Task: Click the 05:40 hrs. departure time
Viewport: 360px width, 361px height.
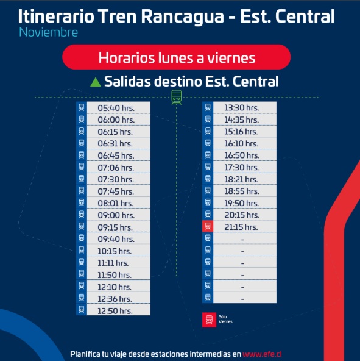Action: pos(116,108)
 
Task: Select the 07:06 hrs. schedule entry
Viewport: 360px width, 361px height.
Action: pos(116,168)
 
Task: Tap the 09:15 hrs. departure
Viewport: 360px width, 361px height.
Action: pos(115,227)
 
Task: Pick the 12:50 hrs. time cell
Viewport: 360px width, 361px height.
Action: pos(115,311)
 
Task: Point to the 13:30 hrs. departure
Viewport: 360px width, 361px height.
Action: pos(242,108)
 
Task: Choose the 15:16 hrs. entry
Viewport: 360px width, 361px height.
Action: pos(241,132)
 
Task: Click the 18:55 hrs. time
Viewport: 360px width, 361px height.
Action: pos(242,191)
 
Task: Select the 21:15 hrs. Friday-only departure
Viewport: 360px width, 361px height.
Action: pos(241,227)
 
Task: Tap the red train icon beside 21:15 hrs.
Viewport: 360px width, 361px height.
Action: pos(208,226)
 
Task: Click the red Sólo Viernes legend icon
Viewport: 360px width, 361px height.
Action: pos(209,320)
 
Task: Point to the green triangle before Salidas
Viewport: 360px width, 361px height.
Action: pos(96,82)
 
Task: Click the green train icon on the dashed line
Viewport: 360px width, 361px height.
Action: pos(177,97)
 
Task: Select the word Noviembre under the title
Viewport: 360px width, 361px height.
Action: pos(49,32)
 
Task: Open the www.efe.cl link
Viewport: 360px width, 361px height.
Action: pos(263,354)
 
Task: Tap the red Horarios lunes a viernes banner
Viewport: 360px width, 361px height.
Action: pos(177,57)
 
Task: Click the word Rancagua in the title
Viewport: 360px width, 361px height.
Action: pos(182,17)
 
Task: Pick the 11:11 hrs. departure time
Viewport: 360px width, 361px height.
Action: pos(113,263)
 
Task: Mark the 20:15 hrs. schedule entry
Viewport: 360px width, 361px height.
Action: pos(242,215)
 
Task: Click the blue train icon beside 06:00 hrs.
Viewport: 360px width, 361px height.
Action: pos(82,120)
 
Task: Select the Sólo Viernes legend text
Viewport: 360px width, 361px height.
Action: pos(225,320)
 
